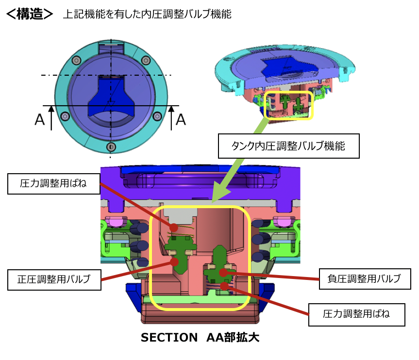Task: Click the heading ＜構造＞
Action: coord(29,14)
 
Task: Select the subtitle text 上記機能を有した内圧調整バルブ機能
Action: coord(147,15)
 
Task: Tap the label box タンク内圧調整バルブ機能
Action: coord(288,146)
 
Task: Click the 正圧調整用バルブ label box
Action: coord(55,279)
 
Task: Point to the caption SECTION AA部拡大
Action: coord(200,338)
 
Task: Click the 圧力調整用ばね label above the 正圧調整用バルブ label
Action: coord(54,183)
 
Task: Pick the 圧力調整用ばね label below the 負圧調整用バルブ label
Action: coord(357,314)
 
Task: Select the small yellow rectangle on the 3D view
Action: coord(289,105)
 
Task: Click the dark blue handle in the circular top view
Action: coord(111,95)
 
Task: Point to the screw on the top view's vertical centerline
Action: coord(111,147)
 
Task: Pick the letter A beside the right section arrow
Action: coord(180,119)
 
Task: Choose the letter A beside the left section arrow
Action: coord(40,120)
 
